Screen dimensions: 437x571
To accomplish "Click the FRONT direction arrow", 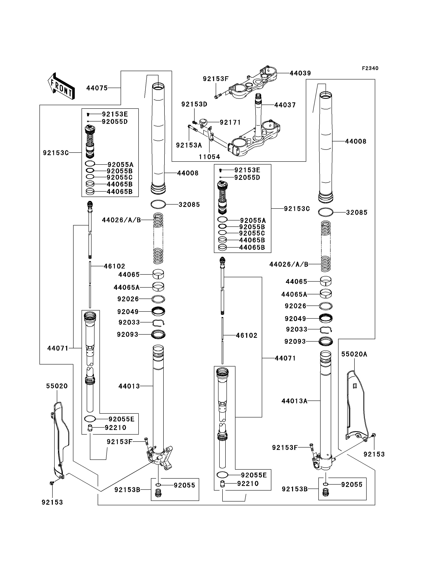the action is [61, 86].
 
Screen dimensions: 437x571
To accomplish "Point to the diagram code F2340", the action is [370, 68].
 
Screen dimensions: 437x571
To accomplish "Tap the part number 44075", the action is [97, 88].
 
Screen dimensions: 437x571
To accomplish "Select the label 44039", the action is [300, 73].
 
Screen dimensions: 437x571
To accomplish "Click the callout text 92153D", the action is [194, 104].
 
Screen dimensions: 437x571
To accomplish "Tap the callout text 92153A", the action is [189, 145].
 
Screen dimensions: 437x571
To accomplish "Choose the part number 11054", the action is [209, 157].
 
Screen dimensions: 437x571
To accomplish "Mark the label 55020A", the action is [354, 354].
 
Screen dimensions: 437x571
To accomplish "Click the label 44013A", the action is [294, 401].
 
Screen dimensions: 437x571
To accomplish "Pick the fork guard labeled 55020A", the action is [358, 406].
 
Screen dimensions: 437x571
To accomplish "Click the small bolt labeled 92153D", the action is [194, 122].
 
